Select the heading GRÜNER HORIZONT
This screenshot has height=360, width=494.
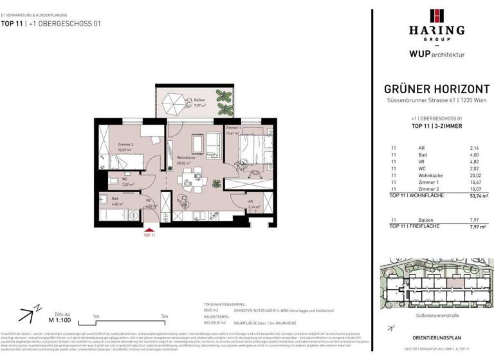tap(437, 89)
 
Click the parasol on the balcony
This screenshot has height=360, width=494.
tap(172, 101)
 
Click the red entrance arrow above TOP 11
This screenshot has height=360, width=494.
tap(149, 228)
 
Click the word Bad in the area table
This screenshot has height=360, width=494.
tap(421, 154)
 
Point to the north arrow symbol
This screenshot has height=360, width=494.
tap(26, 315)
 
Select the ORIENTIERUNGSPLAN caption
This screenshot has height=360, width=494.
tap(436, 337)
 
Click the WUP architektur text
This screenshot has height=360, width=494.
tap(437, 55)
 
